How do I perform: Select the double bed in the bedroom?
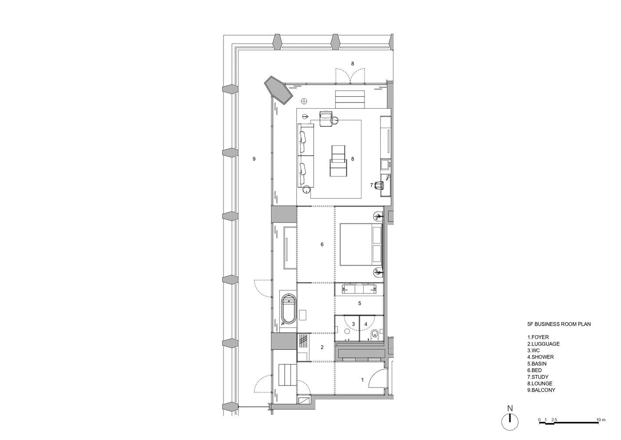(x=361, y=244)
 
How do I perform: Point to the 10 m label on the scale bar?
(x=601, y=420)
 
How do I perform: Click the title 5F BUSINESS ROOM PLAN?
(x=559, y=324)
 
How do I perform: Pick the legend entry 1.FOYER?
(x=538, y=337)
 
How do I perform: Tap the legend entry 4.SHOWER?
(x=541, y=357)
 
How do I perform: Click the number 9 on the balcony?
(x=254, y=158)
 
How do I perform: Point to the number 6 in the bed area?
(x=322, y=244)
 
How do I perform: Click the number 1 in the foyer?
(x=362, y=379)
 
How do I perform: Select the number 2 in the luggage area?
(x=322, y=347)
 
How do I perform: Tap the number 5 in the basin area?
(x=360, y=303)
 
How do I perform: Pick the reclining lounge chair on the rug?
(x=338, y=161)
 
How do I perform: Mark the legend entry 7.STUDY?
(x=538, y=377)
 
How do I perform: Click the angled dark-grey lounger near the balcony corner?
(x=278, y=91)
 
